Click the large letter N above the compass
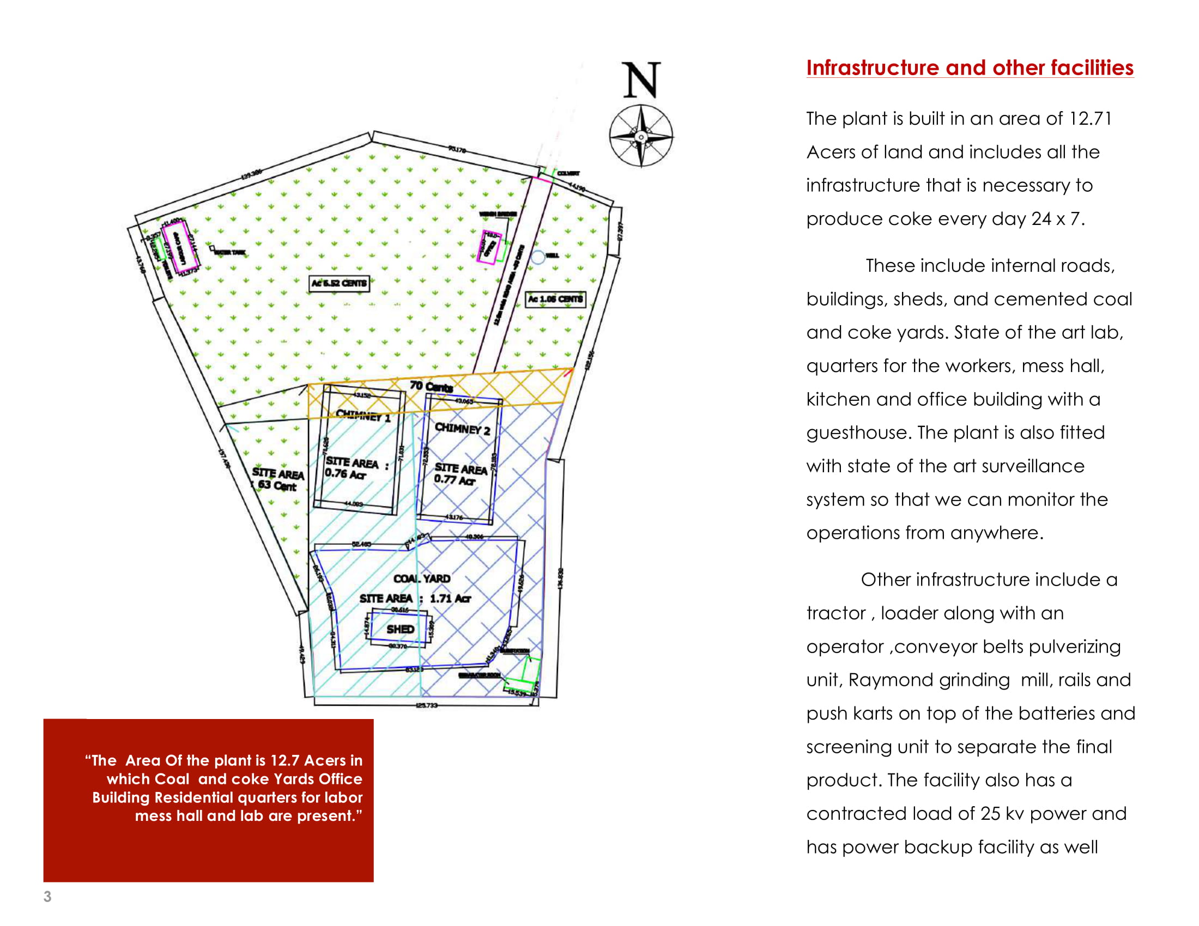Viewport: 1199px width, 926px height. coord(641,80)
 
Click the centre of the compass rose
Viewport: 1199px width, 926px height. coord(641,137)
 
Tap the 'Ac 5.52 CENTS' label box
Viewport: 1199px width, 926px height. coord(339,284)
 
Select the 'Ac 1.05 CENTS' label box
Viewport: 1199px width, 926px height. coord(555,300)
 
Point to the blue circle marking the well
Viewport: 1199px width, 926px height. coord(538,256)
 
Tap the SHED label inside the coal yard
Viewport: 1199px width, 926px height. coord(399,629)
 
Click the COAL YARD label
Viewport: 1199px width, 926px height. coord(422,578)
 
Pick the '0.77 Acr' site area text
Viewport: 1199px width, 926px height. coord(455,480)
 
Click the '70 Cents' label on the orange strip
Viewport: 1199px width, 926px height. coord(431,387)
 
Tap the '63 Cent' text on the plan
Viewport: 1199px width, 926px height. coord(277,485)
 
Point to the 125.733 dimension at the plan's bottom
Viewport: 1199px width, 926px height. coord(427,705)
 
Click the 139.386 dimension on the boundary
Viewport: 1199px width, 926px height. coord(252,174)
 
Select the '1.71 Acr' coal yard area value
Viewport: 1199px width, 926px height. coord(450,599)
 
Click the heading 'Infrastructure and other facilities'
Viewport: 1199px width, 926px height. coord(970,68)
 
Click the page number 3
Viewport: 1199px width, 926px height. coord(48,897)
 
